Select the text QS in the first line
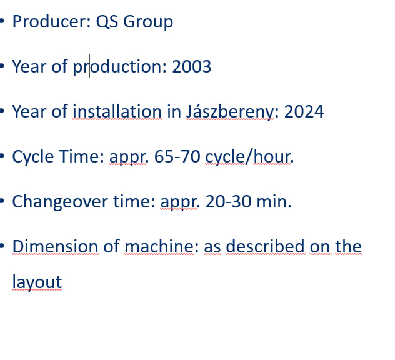(x=107, y=22)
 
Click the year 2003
(x=192, y=67)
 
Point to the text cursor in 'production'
(x=89, y=66)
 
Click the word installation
(x=117, y=111)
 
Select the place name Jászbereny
(x=230, y=112)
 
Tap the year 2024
(x=304, y=112)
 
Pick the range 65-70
(x=177, y=156)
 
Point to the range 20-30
(x=229, y=201)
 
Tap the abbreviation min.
(x=274, y=201)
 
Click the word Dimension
(x=55, y=246)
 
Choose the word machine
(x=159, y=246)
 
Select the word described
(x=266, y=246)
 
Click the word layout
(x=37, y=282)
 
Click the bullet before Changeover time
(x=2, y=201)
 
